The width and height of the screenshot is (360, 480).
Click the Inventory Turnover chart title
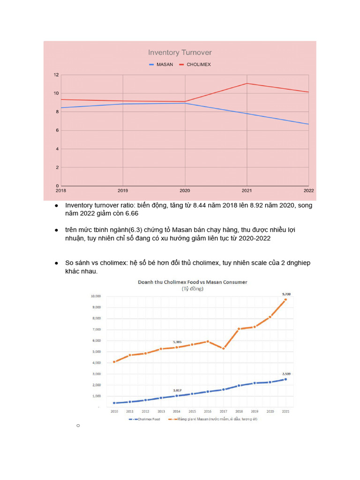click(180, 52)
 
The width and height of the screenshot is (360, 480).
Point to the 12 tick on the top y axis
click(56, 75)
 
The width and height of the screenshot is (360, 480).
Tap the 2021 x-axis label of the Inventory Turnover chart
click(247, 190)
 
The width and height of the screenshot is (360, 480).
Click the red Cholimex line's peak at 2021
click(247, 83)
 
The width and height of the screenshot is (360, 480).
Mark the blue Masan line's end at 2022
click(308, 124)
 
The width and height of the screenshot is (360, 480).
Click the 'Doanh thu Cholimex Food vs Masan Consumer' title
click(192, 282)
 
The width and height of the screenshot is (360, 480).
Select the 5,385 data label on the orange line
click(177, 342)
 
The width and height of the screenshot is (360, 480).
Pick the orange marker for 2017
click(223, 348)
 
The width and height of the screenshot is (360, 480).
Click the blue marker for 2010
click(114, 403)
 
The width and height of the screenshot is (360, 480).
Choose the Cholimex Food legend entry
click(147, 419)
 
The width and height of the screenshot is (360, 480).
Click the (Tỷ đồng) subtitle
click(192, 289)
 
